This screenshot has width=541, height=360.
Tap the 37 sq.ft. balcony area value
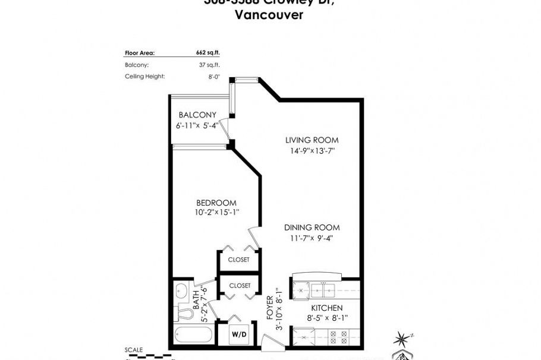click(209, 65)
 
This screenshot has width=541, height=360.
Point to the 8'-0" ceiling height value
click(213, 77)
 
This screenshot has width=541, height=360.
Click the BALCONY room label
click(197, 115)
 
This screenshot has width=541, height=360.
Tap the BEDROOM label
click(216, 203)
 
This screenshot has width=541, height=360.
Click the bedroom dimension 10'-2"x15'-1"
click(216, 213)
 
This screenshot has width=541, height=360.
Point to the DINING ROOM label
click(312, 228)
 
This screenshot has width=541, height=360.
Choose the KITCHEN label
click(327, 308)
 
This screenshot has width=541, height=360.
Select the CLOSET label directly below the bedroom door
click(239, 260)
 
